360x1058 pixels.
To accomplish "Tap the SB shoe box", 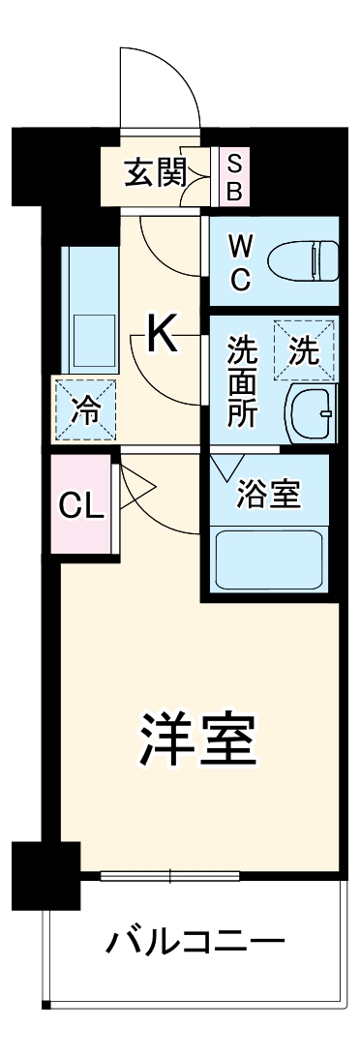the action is point(234,176).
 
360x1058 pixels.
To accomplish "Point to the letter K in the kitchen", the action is point(163,336).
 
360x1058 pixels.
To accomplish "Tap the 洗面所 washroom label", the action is point(241,381).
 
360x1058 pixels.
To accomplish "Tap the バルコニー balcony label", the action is point(195,941).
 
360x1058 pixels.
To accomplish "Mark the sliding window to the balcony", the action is point(171,877).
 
